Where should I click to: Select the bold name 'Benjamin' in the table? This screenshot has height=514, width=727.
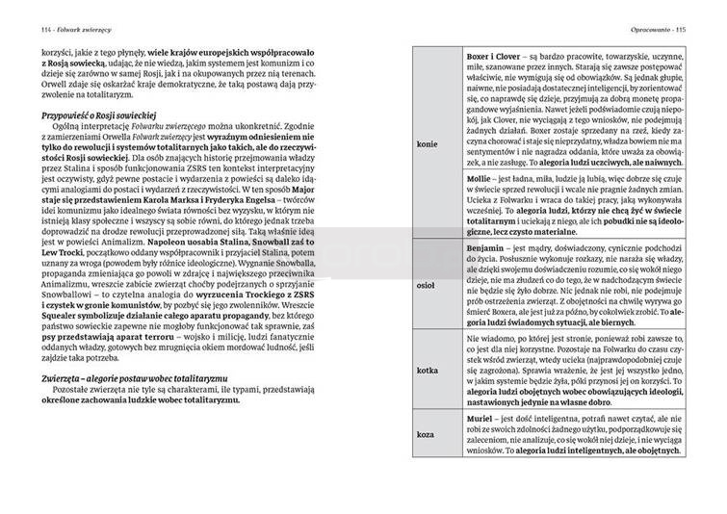point(486,249)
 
